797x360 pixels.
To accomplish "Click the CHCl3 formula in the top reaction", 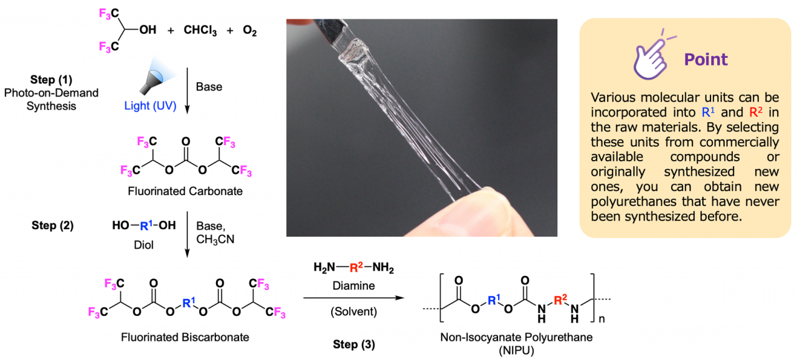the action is [200, 31].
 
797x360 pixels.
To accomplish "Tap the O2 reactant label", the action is [250, 31].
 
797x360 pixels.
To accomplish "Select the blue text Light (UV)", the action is [150, 106].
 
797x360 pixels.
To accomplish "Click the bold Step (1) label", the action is [51, 80].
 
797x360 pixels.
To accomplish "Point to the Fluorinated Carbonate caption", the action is [185, 191].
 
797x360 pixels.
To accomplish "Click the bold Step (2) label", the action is [52, 225].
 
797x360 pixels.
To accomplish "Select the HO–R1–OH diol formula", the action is [144, 225].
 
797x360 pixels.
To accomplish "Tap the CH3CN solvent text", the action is [215, 239].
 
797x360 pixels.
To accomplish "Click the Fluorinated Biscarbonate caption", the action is [185, 337].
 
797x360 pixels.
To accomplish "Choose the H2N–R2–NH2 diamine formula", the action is [354, 267].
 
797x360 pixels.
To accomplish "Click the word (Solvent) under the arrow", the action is [354, 311].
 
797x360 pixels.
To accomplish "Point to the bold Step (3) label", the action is [354, 344].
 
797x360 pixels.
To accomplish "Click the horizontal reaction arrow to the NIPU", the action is [354, 298].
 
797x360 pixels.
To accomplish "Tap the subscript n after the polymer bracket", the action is [601, 319].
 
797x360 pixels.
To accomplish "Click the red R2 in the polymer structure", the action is [560, 300].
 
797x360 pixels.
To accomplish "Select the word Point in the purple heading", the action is [706, 59].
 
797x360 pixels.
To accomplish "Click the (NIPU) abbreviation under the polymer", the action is [516, 351].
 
